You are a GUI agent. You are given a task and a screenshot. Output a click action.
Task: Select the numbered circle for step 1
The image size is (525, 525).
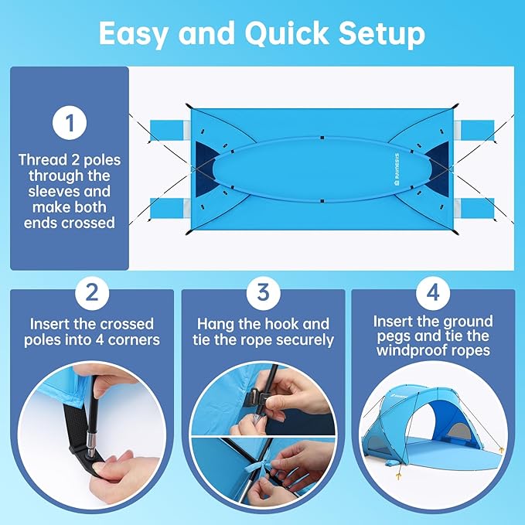[x=70, y=124]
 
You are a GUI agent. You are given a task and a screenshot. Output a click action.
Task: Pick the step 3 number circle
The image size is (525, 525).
[x=263, y=294]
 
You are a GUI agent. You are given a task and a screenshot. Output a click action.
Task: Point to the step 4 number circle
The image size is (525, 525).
[x=433, y=294]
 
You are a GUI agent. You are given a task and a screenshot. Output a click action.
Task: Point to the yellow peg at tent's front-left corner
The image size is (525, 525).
[x=401, y=469]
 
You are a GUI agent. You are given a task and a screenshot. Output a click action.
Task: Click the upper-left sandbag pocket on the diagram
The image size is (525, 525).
[x=169, y=126]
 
